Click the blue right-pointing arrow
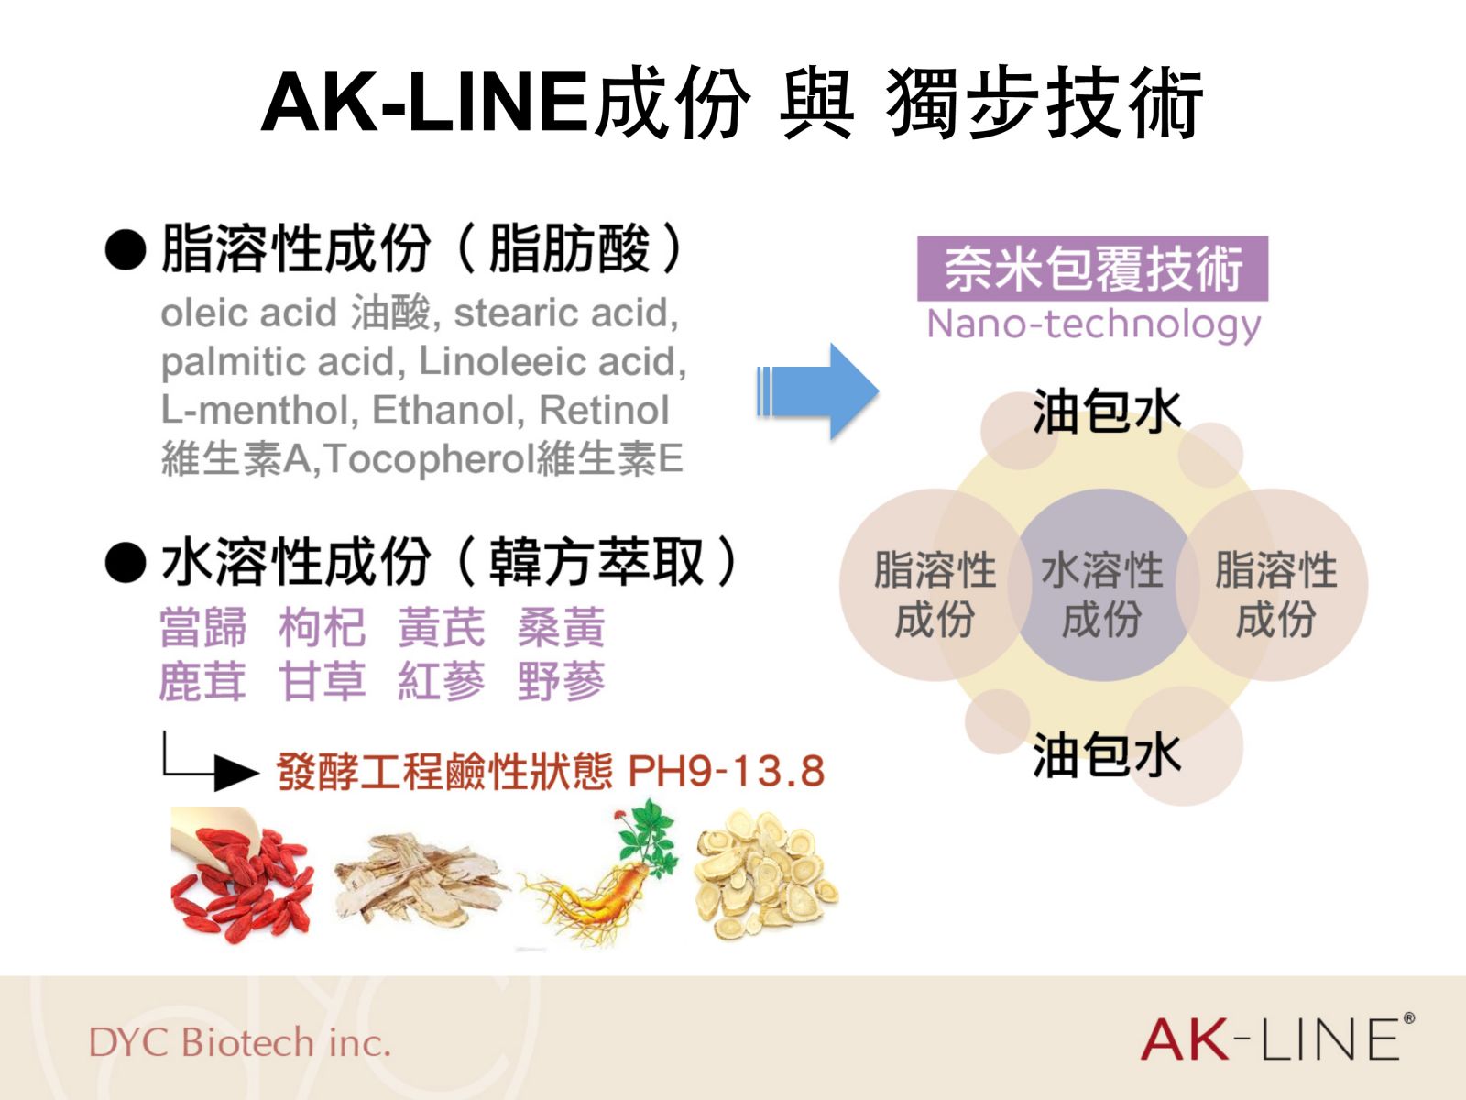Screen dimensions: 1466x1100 click(818, 392)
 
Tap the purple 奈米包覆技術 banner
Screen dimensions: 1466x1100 click(1093, 268)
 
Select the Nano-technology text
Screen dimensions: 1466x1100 click(1094, 324)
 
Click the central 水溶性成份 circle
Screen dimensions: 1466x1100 click(1102, 585)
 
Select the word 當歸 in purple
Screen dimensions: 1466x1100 click(203, 627)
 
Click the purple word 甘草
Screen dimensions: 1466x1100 click(323, 681)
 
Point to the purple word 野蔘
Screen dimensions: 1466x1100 click(562, 681)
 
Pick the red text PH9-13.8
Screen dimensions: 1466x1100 click(727, 771)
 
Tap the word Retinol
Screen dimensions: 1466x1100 click(604, 410)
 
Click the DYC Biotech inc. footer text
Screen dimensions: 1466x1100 click(240, 1042)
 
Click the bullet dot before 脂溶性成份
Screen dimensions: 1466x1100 click(126, 249)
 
